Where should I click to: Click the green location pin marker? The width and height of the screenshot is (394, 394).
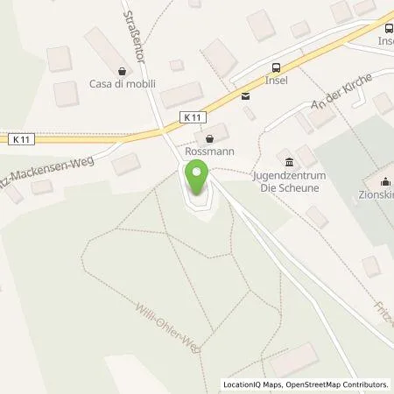pyautogui.click(x=197, y=179)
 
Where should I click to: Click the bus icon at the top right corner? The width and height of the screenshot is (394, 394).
pyautogui.click(x=386, y=26)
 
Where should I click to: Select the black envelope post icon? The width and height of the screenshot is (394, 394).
pyautogui.click(x=245, y=97)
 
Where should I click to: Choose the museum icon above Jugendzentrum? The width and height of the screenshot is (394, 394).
pyautogui.click(x=290, y=161)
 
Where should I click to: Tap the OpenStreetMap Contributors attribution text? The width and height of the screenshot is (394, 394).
pyautogui.click(x=333, y=383)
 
